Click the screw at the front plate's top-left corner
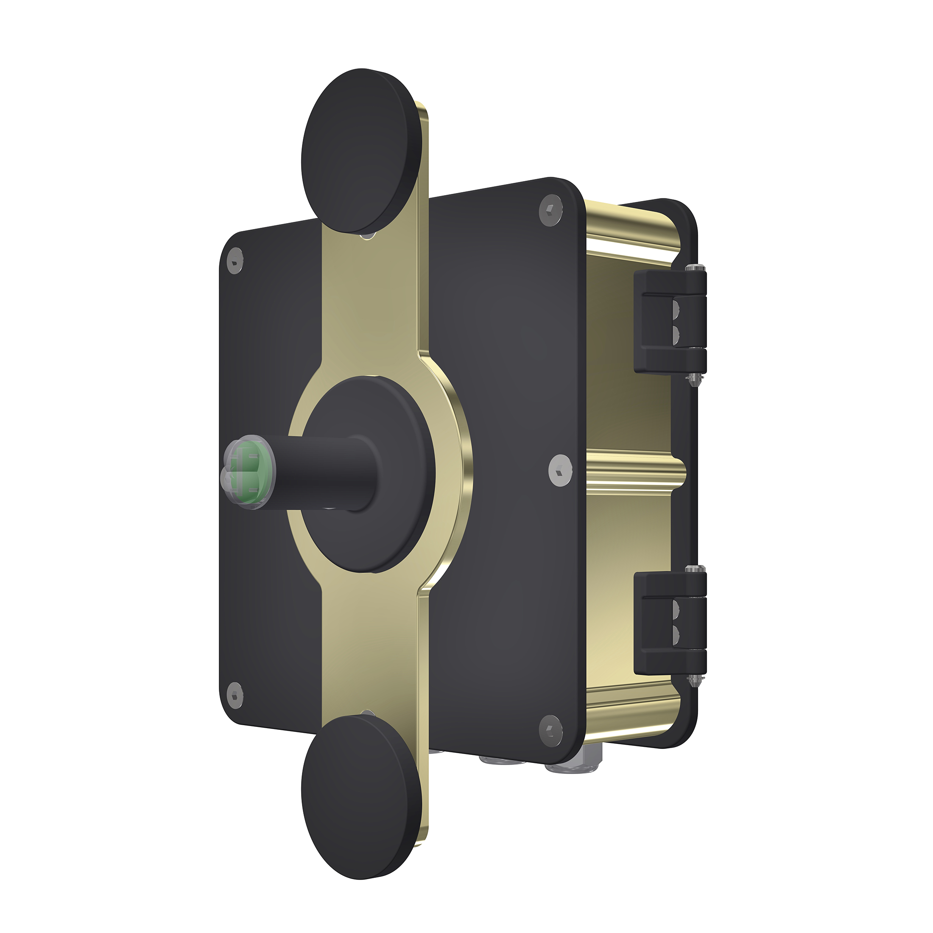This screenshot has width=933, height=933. (235, 261)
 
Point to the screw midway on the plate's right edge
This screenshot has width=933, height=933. (561, 469)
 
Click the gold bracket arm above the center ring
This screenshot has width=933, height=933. (374, 299)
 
